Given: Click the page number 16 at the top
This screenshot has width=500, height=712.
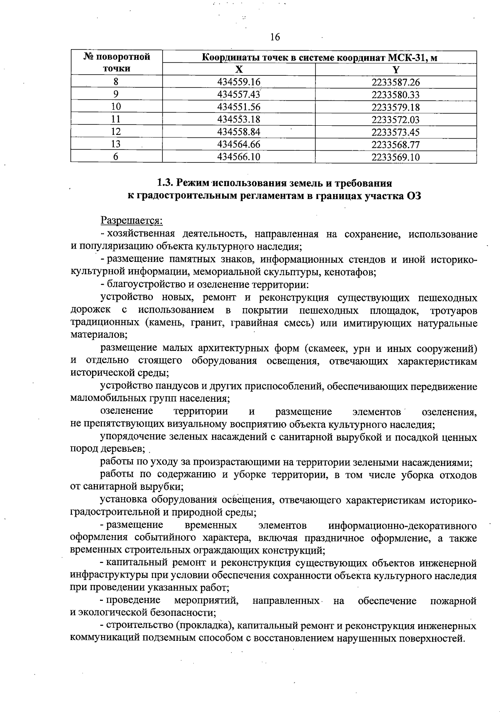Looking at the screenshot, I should pyautogui.click(x=275, y=37).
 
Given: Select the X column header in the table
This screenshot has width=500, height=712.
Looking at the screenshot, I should pyautogui.click(x=238, y=70).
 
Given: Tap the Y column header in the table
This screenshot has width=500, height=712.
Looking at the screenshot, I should pyautogui.click(x=396, y=70).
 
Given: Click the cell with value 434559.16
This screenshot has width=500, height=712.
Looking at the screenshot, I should pyautogui.click(x=239, y=82).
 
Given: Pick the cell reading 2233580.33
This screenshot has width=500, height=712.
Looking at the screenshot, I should pyautogui.click(x=395, y=95).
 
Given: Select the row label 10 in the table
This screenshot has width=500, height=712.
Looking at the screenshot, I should pyautogui.click(x=116, y=107).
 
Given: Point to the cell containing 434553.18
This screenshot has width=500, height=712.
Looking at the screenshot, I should pyautogui.click(x=239, y=119).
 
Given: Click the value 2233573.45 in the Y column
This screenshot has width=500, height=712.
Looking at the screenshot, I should pyautogui.click(x=395, y=132).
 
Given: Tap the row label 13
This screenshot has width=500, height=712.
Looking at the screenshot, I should pyautogui.click(x=116, y=144).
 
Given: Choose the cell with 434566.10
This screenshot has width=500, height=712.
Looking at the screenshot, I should pyautogui.click(x=239, y=157).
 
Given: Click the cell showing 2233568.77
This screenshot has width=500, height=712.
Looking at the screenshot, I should pyautogui.click(x=395, y=144).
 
